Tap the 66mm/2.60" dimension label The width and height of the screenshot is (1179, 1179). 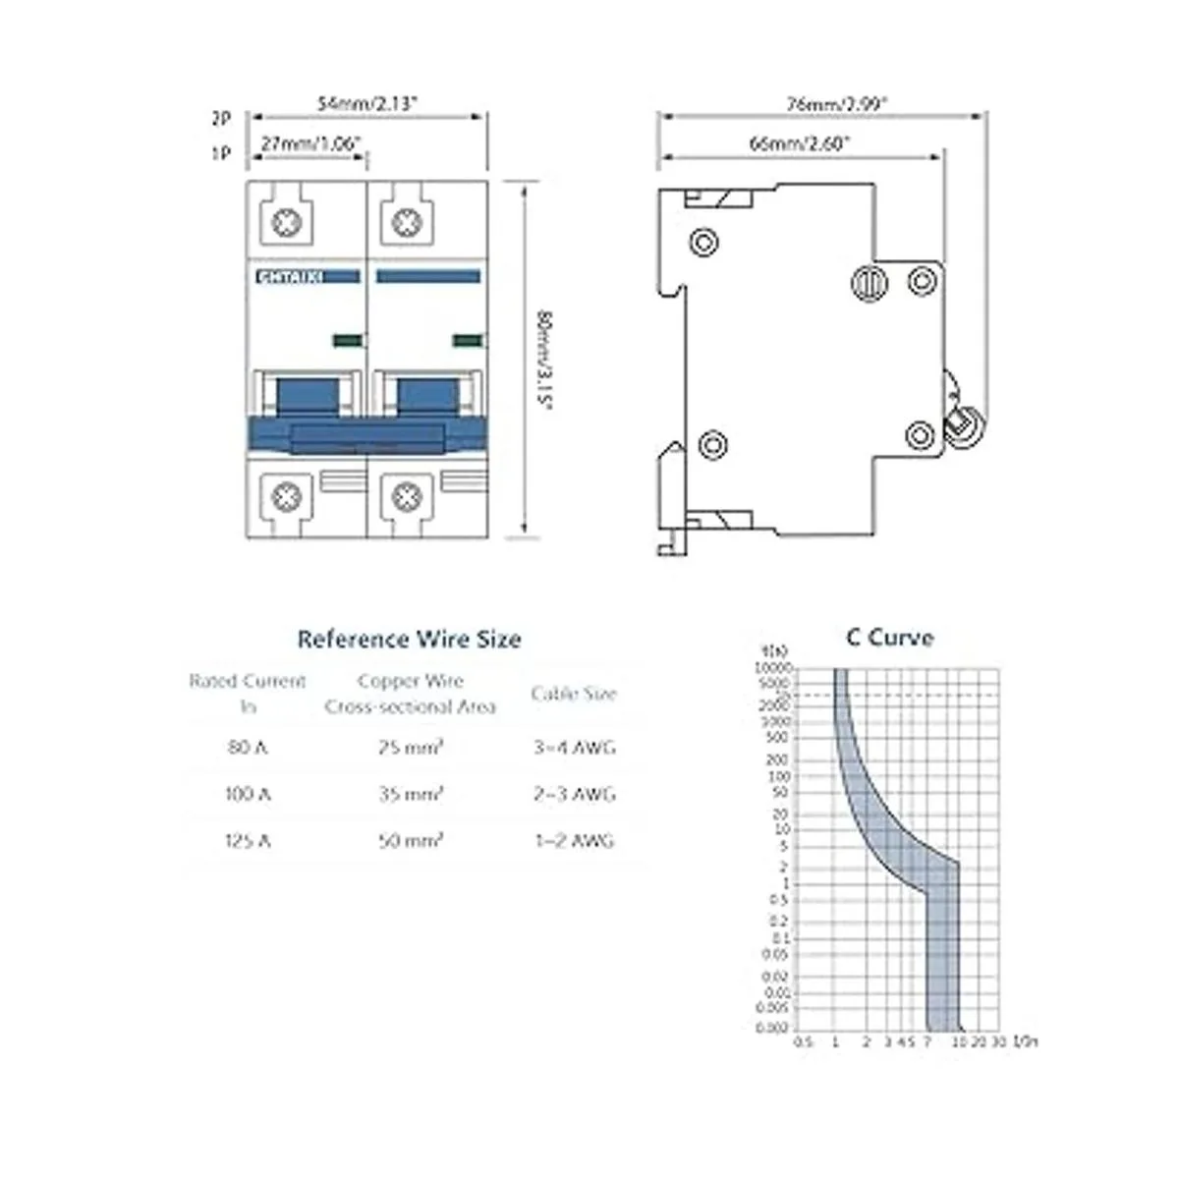click(x=800, y=143)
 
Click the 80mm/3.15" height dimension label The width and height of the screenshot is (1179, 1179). click(x=546, y=361)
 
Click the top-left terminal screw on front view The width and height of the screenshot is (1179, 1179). click(x=287, y=222)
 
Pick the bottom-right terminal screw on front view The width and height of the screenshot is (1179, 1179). click(x=406, y=496)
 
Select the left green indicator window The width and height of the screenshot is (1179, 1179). click(x=347, y=340)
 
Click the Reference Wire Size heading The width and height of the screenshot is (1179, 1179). click(x=409, y=640)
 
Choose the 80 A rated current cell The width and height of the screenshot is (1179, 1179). click(x=248, y=747)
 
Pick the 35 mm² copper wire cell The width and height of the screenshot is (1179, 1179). click(x=411, y=794)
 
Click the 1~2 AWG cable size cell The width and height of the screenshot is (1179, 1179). click(x=574, y=841)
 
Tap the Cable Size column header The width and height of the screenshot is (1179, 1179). click(x=574, y=694)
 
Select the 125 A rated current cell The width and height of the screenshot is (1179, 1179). click(x=248, y=841)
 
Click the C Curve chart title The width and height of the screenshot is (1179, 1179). click(x=889, y=638)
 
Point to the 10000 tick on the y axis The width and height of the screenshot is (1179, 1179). click(x=772, y=668)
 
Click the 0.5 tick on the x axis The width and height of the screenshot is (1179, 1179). click(x=803, y=1041)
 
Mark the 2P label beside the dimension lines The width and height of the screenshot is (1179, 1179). click(x=221, y=118)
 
